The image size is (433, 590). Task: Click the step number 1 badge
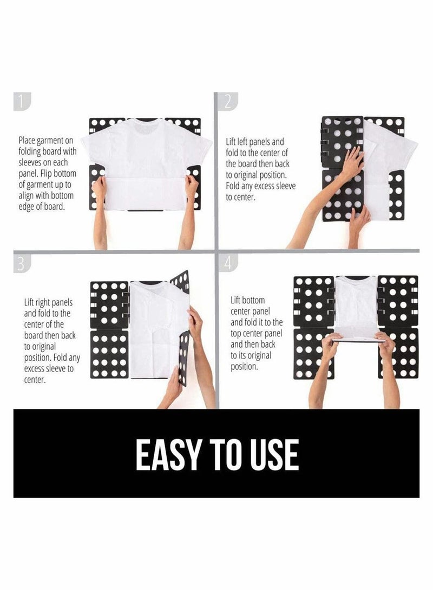pyautogui.click(x=22, y=101)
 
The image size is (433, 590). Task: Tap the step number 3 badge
pyautogui.click(x=22, y=263)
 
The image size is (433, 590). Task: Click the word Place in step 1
pyautogui.click(x=28, y=140)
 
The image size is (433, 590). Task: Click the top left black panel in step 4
pyautogui.click(x=313, y=300)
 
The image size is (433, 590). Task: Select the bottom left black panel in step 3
pyautogui.click(x=109, y=354)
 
